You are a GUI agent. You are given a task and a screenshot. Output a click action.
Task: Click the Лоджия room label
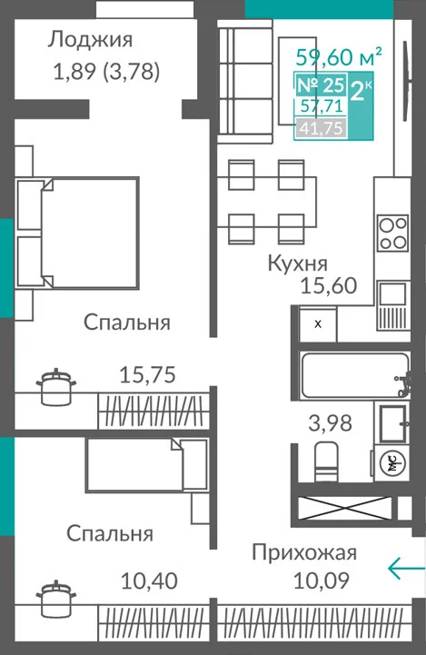(x=90, y=40)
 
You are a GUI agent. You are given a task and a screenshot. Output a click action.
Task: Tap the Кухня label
(x=297, y=263)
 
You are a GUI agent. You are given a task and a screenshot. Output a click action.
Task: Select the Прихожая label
(x=304, y=552)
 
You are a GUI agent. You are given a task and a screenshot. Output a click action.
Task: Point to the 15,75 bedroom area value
(x=147, y=374)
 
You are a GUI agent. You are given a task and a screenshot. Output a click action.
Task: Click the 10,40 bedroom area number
(x=149, y=581)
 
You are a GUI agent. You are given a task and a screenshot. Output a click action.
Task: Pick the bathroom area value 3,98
(x=330, y=422)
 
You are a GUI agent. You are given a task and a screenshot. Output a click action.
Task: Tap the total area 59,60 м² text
(x=339, y=57)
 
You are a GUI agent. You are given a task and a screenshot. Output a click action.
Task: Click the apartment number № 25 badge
(x=321, y=85)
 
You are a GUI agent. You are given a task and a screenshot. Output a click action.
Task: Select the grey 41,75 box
(x=322, y=128)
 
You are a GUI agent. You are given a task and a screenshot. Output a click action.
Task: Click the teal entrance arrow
(x=406, y=568)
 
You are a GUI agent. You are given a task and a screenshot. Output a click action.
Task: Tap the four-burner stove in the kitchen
(x=392, y=233)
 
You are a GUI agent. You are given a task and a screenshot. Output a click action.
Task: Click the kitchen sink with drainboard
(x=392, y=305)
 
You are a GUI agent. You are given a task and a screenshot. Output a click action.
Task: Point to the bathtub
(x=355, y=375)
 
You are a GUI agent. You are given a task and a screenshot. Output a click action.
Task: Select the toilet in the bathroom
(x=326, y=461)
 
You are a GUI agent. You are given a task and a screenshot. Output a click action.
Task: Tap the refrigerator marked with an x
(x=318, y=324)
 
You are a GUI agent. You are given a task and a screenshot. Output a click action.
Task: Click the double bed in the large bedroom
(x=77, y=233)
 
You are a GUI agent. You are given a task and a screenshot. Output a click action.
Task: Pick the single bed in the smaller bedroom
(x=146, y=464)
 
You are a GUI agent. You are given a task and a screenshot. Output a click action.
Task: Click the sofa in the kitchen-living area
(x=245, y=81)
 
